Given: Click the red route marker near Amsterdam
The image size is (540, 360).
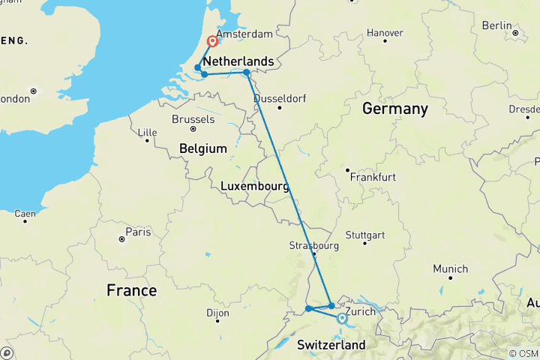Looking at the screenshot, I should [212, 41].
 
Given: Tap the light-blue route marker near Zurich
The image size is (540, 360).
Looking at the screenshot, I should [342, 319].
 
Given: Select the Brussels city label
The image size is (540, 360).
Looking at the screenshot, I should [193, 119].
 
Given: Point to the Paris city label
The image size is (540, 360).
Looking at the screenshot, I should [138, 231].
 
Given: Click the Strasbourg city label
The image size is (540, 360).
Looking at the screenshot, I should [314, 245].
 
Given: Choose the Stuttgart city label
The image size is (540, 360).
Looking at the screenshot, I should [382, 232].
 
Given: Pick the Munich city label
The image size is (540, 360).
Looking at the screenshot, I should [451, 268].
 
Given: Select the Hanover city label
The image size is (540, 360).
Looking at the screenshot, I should [387, 33].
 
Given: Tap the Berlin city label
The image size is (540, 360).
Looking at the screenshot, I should [496, 25].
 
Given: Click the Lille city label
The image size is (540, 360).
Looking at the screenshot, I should [148, 132].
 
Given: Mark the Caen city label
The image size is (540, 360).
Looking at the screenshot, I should [25, 214].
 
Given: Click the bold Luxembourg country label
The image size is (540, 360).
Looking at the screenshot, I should [255, 186].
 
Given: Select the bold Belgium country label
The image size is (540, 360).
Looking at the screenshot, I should [203, 149].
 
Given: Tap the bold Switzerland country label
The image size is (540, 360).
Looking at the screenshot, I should [331, 345].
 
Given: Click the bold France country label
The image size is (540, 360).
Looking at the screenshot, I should [131, 290].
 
